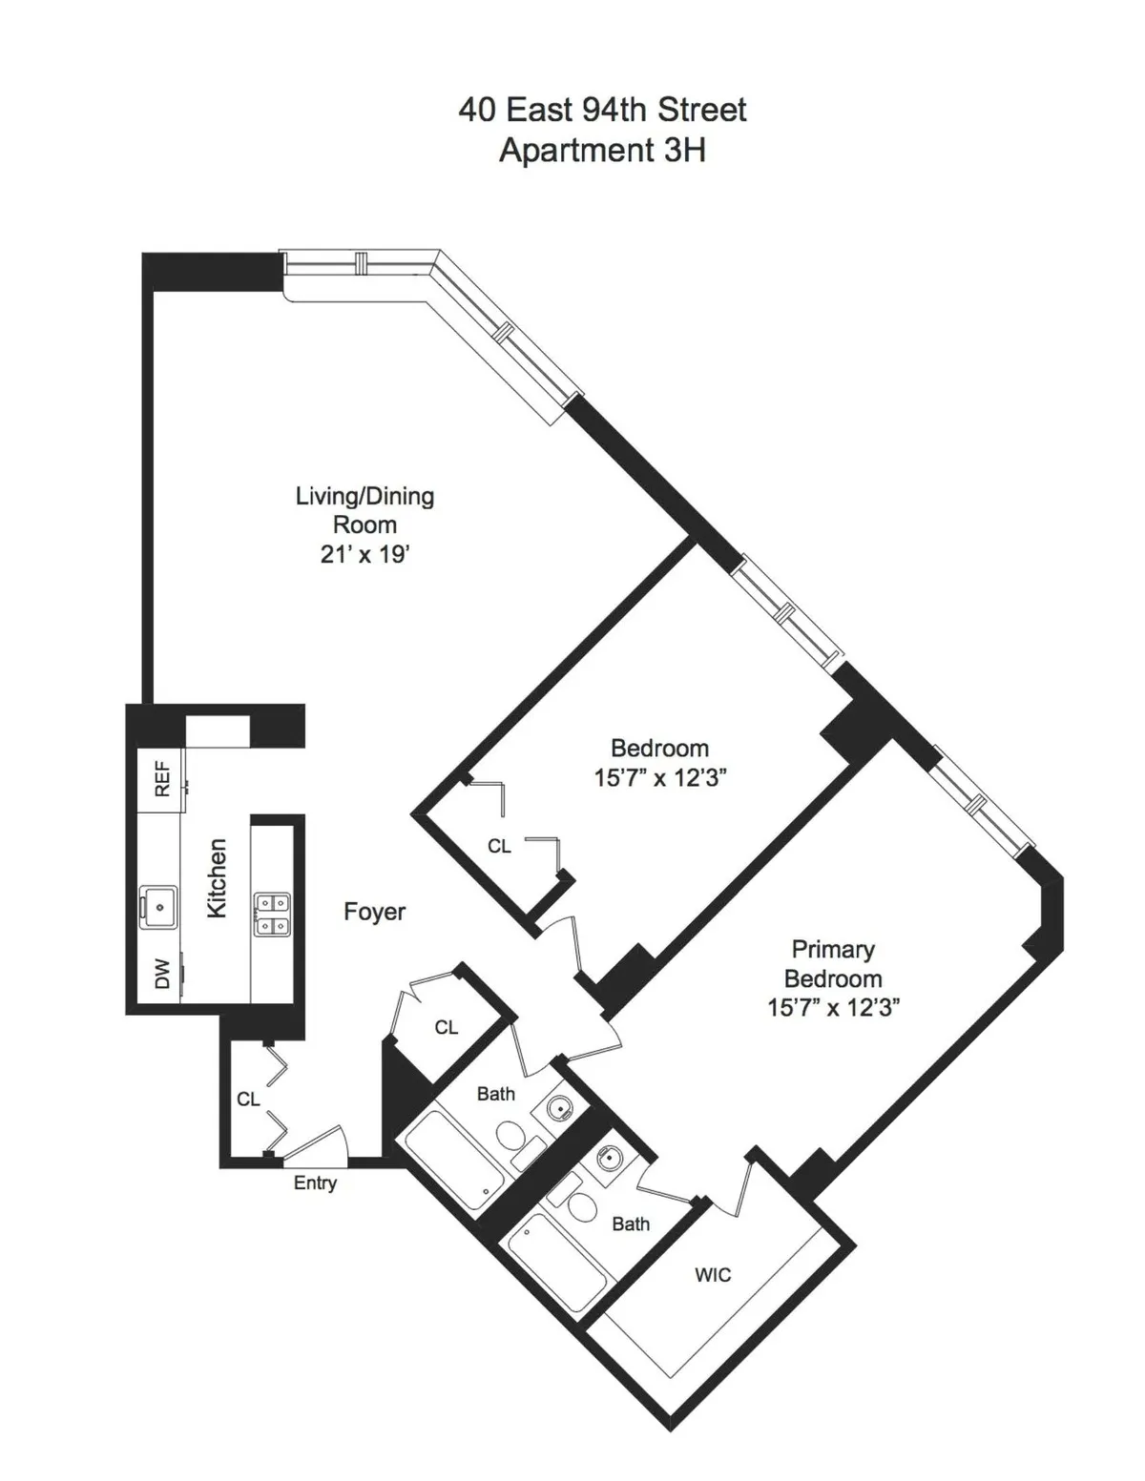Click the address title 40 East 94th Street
tap(602, 110)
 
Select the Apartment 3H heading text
tap(602, 151)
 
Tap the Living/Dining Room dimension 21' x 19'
tap(364, 554)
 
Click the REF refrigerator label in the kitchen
tap(162, 778)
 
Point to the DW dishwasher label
tap(162, 974)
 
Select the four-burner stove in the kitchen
tap(272, 914)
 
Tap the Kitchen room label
tap(218, 878)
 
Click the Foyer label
tap(374, 912)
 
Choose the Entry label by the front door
tap(315, 1183)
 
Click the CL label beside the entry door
tap(248, 1100)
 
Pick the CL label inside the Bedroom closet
tap(499, 846)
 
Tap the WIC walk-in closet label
tap(713, 1275)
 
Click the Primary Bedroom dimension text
tap(833, 1008)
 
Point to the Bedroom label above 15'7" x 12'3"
tap(659, 748)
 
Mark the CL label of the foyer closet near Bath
tap(447, 1027)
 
